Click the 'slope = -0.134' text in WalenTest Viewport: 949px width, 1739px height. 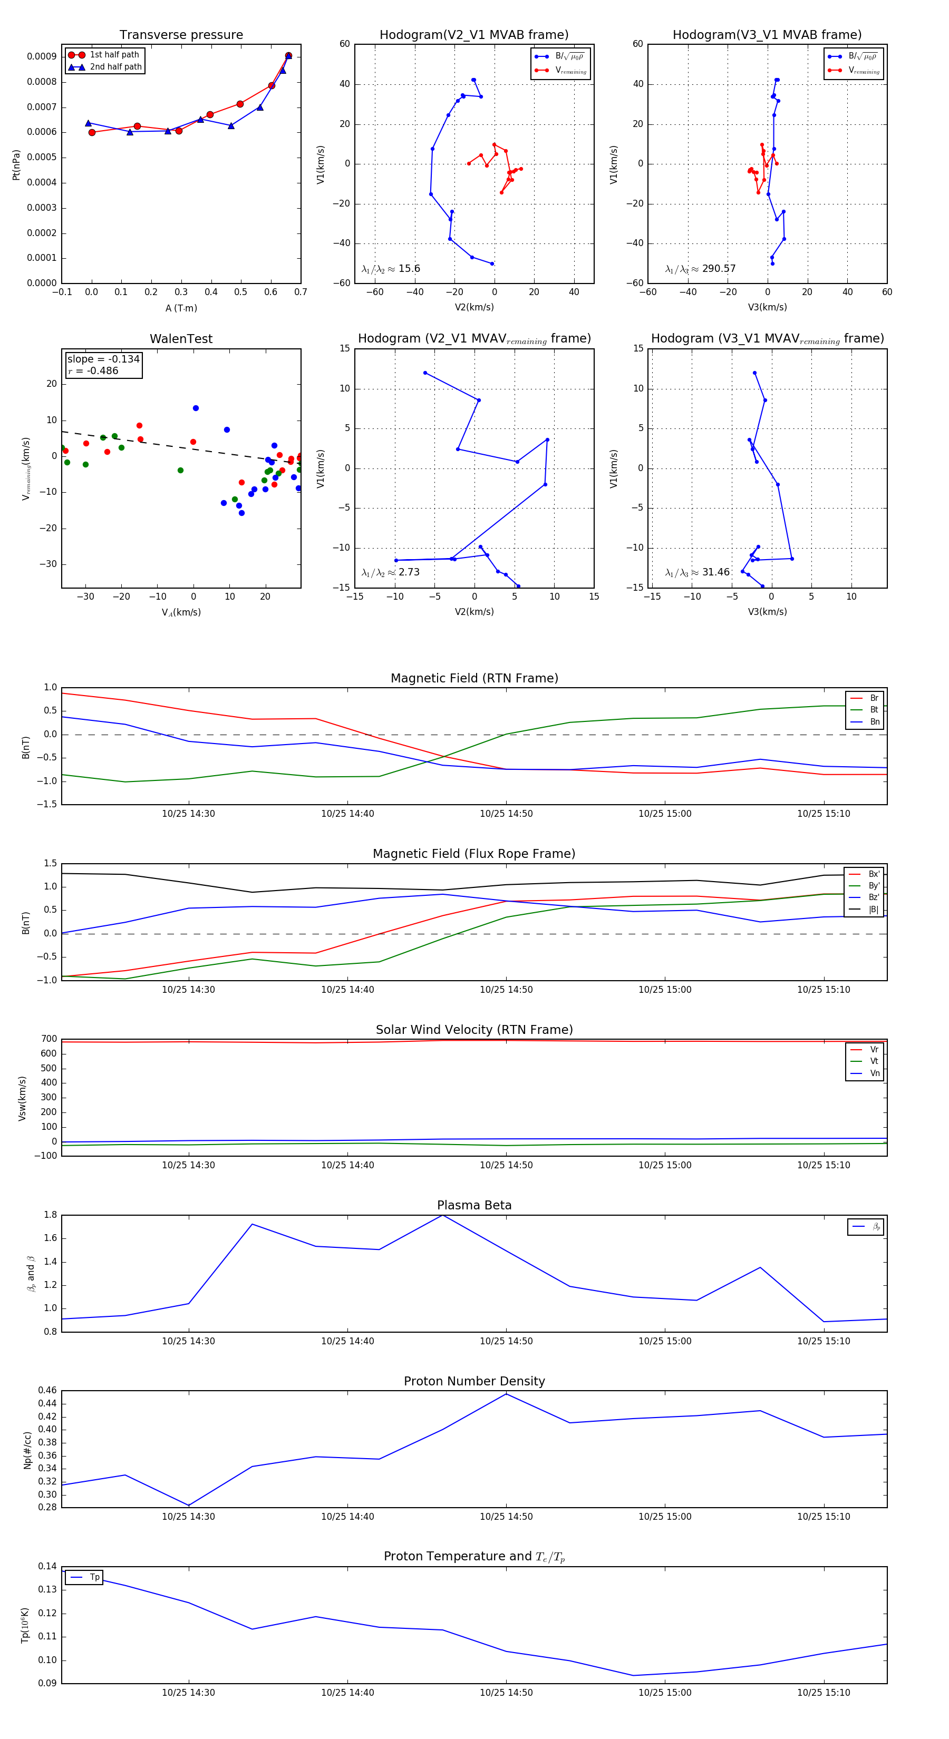click(103, 359)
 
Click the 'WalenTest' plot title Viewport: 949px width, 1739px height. click(181, 339)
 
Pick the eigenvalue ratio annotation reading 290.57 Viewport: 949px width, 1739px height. click(701, 269)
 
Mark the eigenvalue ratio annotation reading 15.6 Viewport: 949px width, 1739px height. click(391, 269)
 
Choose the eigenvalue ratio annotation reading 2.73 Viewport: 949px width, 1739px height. click(391, 572)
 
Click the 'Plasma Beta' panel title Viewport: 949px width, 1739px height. click(474, 1205)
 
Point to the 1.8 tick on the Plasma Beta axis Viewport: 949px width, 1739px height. click(50, 1215)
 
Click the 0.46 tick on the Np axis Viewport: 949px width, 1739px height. click(47, 1391)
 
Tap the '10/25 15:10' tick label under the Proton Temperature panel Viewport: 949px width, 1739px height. click(824, 1693)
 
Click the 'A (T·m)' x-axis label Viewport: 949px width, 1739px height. click(181, 308)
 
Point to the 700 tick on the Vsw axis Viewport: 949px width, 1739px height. click(49, 1039)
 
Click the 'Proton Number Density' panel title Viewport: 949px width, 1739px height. click(474, 1381)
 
